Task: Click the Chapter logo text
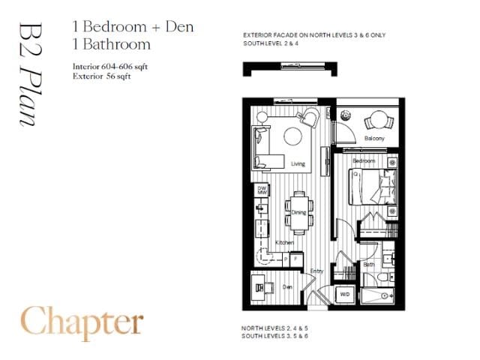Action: coord(82,322)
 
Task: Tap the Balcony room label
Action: coord(374,139)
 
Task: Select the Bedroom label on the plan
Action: coord(364,161)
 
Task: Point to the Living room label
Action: coord(298,163)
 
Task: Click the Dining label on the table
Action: coord(298,212)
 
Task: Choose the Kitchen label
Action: coord(284,242)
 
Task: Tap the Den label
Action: coord(286,286)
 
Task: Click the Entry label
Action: coord(317,271)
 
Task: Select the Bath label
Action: coord(369,264)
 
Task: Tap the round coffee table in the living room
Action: coord(291,137)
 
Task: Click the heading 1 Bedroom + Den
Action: coord(133,27)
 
